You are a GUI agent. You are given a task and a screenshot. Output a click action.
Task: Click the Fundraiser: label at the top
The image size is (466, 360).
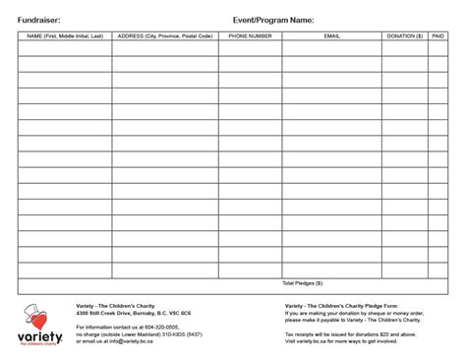(x=41, y=19)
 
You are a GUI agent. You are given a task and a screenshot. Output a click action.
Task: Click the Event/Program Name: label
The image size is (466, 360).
(x=273, y=19)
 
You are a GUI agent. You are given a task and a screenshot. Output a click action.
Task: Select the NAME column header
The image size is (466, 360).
(x=65, y=36)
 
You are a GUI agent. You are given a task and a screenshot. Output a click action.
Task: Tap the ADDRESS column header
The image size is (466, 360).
(x=165, y=36)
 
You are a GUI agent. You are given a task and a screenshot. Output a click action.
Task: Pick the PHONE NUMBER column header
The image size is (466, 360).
(x=251, y=36)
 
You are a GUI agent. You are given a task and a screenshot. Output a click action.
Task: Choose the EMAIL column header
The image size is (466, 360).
(x=332, y=36)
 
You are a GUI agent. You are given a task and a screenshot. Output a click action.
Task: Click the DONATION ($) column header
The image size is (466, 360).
(x=405, y=36)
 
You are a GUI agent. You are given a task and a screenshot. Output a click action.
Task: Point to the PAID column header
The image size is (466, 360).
(x=437, y=36)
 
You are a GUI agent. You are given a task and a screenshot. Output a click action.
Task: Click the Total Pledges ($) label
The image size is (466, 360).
(x=302, y=283)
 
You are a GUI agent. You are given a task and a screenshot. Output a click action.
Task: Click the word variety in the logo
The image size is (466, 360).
(x=40, y=337)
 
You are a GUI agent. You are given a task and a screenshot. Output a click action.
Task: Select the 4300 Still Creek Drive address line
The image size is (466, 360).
(x=134, y=313)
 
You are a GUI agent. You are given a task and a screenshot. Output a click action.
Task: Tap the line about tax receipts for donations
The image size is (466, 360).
(x=349, y=334)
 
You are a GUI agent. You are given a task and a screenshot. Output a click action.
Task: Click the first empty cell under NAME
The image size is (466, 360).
(x=65, y=49)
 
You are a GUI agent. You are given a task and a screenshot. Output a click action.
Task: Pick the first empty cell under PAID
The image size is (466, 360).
(x=437, y=49)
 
